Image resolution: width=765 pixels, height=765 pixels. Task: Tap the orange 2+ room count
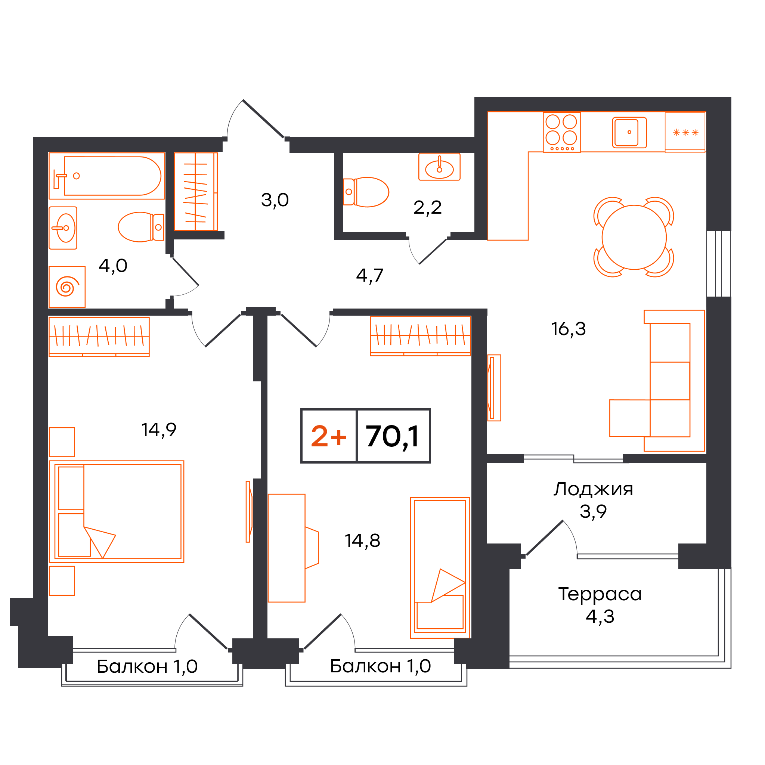click(x=328, y=436)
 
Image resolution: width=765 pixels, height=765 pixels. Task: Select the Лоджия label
click(x=593, y=490)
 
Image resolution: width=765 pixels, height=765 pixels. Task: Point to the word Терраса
click(x=600, y=594)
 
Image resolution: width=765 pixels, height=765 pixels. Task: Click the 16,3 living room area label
click(x=568, y=329)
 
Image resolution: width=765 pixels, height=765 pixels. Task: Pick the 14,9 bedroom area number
click(x=159, y=430)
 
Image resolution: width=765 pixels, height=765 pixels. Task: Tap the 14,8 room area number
click(x=362, y=541)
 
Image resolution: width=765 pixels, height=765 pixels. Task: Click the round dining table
click(x=634, y=237)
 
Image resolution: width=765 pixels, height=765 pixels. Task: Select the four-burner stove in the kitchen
click(x=561, y=132)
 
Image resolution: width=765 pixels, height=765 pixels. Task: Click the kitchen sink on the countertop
click(x=629, y=132)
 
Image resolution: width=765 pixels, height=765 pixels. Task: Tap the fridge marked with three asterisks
click(x=685, y=132)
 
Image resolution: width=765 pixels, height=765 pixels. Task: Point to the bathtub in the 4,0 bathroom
click(x=107, y=176)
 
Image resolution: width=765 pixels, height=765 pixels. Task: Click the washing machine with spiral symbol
click(x=67, y=287)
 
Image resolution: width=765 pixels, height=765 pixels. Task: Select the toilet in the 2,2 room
click(x=366, y=192)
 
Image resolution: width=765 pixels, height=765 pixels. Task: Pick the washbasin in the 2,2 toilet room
click(x=439, y=167)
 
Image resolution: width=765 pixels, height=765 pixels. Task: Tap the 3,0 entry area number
click(x=275, y=200)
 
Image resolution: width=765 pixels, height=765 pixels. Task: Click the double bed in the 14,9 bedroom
click(x=117, y=511)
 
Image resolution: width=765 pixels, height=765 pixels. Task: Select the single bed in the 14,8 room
click(x=440, y=568)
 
